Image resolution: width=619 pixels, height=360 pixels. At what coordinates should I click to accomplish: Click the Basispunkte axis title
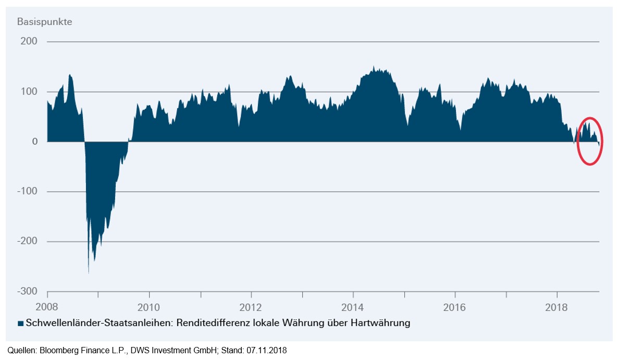[x=44, y=22]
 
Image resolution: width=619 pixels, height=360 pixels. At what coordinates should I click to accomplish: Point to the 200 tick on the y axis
[x=29, y=42]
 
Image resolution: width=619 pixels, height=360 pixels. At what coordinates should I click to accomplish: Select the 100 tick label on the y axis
[x=29, y=92]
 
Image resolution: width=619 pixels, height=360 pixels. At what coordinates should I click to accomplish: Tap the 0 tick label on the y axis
[x=34, y=142]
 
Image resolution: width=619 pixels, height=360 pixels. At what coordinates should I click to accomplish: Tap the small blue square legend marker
[x=20, y=324]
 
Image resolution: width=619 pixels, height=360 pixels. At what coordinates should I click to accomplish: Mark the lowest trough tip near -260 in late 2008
[x=89, y=272]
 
